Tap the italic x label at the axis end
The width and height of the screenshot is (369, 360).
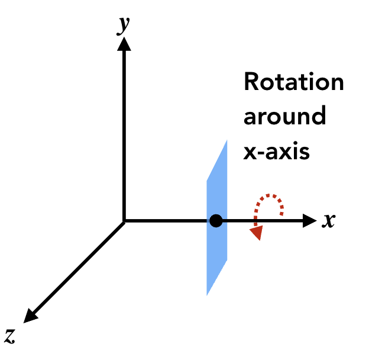(329, 221)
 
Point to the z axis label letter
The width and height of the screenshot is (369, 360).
(10, 336)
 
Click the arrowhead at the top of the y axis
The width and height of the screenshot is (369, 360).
(124, 52)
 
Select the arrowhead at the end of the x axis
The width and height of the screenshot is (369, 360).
(310, 221)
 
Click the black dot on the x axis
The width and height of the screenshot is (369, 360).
(216, 221)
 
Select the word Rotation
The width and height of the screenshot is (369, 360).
(294, 82)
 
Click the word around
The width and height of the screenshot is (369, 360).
(285, 116)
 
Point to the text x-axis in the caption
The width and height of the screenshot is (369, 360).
(277, 151)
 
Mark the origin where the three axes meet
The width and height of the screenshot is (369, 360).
(124, 221)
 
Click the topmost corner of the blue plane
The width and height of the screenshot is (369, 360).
(226, 141)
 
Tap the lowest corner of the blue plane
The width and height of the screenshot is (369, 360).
(207, 294)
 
